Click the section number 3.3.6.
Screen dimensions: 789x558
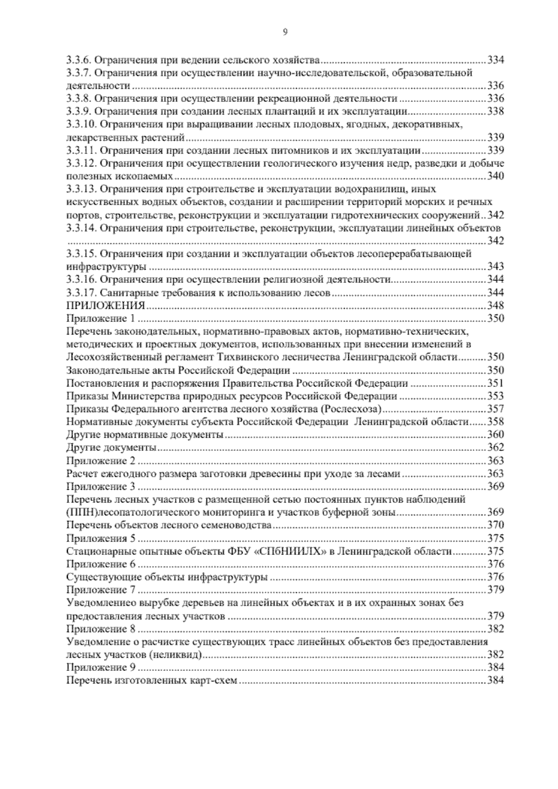80,60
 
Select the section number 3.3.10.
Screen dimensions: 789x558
82,125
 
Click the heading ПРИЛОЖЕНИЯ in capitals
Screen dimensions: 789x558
106,306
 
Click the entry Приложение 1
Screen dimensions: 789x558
100,319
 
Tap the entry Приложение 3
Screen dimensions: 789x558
100,487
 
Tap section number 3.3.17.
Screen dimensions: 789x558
82,293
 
